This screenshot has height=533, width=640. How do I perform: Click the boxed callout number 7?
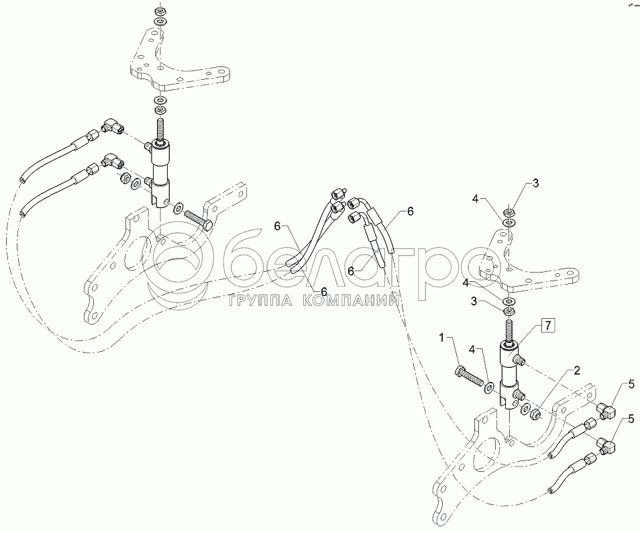[547, 326]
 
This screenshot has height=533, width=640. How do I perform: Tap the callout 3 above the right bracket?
[535, 183]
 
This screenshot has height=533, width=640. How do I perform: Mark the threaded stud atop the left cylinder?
[160, 128]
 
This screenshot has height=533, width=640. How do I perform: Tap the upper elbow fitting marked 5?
[606, 410]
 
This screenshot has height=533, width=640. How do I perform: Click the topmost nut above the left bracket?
[160, 11]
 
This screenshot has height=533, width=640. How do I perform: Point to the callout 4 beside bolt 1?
[473, 350]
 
